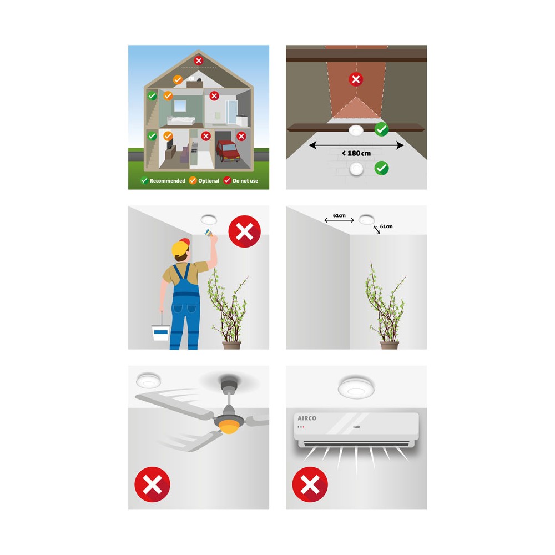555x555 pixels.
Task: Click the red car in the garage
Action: point(228,150)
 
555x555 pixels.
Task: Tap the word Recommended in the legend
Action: point(167,181)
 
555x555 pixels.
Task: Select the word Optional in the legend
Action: point(209,181)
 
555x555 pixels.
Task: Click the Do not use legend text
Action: point(245,181)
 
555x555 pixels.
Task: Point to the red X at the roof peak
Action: point(199,60)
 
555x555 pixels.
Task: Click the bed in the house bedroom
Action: point(181,120)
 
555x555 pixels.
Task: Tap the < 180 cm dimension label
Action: point(356,153)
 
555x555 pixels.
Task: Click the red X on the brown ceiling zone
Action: point(356,79)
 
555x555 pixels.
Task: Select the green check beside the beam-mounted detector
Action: point(382,129)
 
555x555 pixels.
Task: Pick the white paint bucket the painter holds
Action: point(160,332)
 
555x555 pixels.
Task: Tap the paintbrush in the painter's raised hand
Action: point(208,233)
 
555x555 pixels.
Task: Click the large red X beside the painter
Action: point(245,231)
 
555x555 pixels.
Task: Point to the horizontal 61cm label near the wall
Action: point(339,215)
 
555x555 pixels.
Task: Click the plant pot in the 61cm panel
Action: point(389,345)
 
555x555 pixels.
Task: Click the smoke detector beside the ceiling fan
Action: point(149,380)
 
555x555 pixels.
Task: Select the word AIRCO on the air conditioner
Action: point(307,418)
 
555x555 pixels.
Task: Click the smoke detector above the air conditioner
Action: point(356,387)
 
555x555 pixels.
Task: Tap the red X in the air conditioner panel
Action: point(310,484)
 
